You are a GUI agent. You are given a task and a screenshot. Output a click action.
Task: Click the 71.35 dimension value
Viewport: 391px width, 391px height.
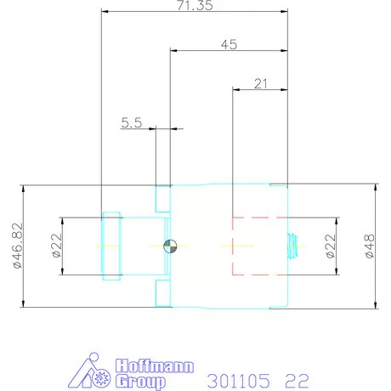pyautogui.click(x=194, y=5)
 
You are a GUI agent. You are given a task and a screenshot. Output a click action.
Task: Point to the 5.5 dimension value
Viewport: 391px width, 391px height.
pyautogui.click(x=132, y=122)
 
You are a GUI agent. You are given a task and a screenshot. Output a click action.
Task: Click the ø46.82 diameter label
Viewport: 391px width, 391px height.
pyautogui.click(x=17, y=246)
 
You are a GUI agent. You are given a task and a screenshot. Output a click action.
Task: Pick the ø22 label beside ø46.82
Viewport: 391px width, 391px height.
pyautogui.click(x=56, y=246)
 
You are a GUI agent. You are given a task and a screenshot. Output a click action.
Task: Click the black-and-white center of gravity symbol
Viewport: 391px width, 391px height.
pyautogui.click(x=171, y=246)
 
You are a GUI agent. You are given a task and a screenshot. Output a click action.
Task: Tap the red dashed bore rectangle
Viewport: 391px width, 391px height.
pyautogui.click(x=258, y=246)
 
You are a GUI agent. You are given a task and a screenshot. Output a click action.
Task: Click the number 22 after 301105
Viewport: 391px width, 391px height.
pyautogui.click(x=297, y=378)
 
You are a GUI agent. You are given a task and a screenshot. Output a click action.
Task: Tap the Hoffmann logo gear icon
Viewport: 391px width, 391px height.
pyautogui.click(x=100, y=378)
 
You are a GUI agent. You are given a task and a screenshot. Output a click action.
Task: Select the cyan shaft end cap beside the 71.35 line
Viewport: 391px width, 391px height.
pyautogui.click(x=111, y=246)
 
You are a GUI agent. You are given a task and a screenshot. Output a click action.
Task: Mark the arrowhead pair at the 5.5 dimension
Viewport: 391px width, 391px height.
pyautogui.click(x=164, y=129)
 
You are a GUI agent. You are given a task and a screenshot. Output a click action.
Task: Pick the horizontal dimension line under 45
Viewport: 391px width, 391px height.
pyautogui.click(x=228, y=50)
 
